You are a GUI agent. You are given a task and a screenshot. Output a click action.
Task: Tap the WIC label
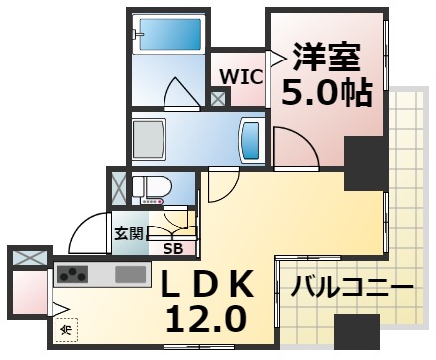click(x=241, y=75)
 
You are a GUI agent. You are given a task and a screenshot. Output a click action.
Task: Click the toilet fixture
click(x=155, y=188)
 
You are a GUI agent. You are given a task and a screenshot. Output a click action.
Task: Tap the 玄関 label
click(x=128, y=233)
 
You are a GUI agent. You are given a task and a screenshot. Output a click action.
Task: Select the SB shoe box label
click(x=172, y=249)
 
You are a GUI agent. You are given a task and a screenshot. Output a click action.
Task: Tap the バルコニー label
click(x=352, y=288)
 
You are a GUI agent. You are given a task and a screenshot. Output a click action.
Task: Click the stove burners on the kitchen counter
click(x=72, y=273)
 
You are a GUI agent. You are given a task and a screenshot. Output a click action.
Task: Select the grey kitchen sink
click(x=130, y=273)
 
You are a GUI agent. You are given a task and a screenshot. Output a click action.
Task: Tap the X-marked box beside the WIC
click(x=218, y=97)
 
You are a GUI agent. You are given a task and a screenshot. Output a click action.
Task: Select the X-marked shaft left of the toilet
click(x=119, y=188)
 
